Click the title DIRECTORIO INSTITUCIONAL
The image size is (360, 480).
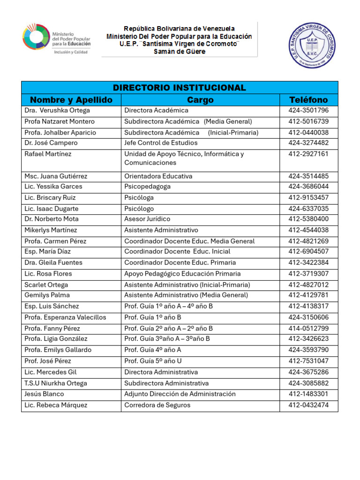[179, 88]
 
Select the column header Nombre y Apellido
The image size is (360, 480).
[71, 99]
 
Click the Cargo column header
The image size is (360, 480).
[200, 99]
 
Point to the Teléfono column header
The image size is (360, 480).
[308, 99]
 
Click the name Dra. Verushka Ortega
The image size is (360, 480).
[57, 111]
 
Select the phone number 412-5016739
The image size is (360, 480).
[308, 121]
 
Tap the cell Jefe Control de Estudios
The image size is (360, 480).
[161, 143]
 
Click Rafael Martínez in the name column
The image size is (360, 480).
[48, 154]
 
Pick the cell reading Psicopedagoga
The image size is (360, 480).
[147, 187]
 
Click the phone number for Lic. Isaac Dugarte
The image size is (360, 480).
[308, 209]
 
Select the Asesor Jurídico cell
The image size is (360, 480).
[147, 219]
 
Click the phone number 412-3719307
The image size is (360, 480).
[308, 274]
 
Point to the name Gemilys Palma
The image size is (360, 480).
[47, 295]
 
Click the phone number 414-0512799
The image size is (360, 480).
[308, 329]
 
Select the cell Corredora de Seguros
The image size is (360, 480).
[157, 405]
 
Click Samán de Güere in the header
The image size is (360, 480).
[180, 52]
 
